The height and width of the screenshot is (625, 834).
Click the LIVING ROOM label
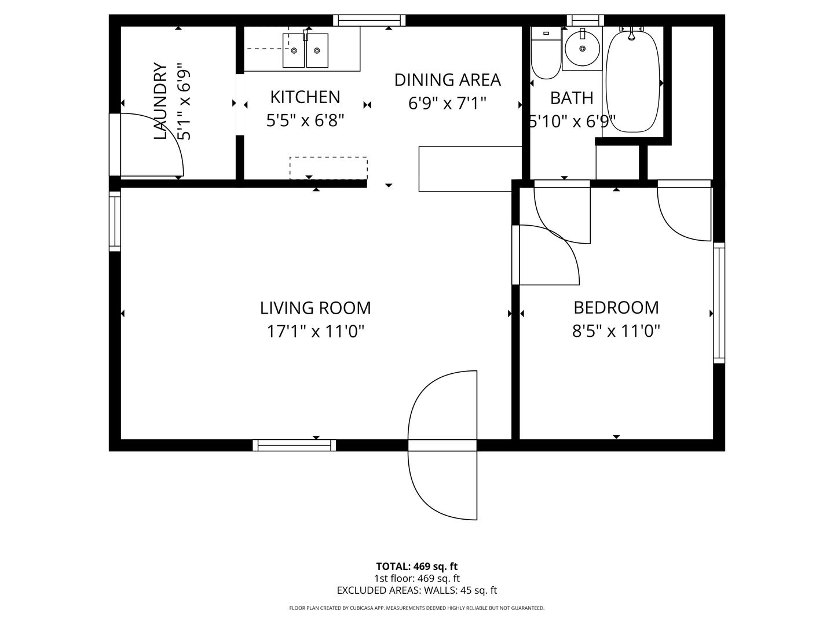(x=315, y=307)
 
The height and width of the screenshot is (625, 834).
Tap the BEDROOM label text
(x=616, y=307)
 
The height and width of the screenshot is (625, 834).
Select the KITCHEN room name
(x=305, y=97)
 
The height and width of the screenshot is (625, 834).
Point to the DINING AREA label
(x=447, y=80)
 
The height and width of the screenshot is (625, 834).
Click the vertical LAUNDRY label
(x=160, y=101)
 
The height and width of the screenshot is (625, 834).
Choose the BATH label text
(x=572, y=98)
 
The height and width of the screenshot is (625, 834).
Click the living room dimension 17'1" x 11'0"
(x=315, y=332)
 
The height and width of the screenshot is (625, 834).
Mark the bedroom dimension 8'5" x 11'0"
(x=616, y=331)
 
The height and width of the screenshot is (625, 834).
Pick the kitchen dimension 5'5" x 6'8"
(x=305, y=120)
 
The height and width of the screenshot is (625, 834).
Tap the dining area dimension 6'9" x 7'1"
(x=447, y=104)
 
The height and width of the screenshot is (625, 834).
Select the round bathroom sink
(x=582, y=48)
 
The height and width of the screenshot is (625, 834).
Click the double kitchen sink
(x=305, y=50)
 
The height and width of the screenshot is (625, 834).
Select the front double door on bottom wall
(x=442, y=445)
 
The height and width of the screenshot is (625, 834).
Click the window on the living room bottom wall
(x=294, y=445)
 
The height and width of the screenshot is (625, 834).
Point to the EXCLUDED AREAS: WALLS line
(x=416, y=590)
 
